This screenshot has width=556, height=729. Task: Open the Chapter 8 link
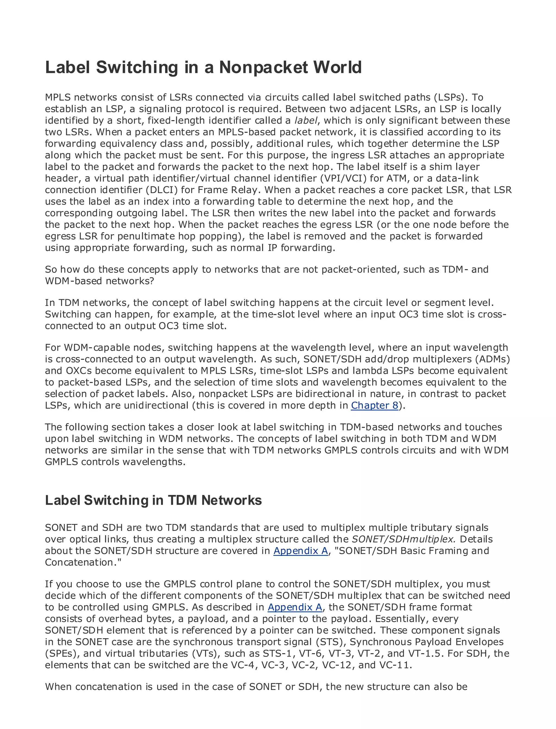374,405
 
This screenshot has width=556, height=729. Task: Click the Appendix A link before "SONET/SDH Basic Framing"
301,551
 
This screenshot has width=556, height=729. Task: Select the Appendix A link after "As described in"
295,607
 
